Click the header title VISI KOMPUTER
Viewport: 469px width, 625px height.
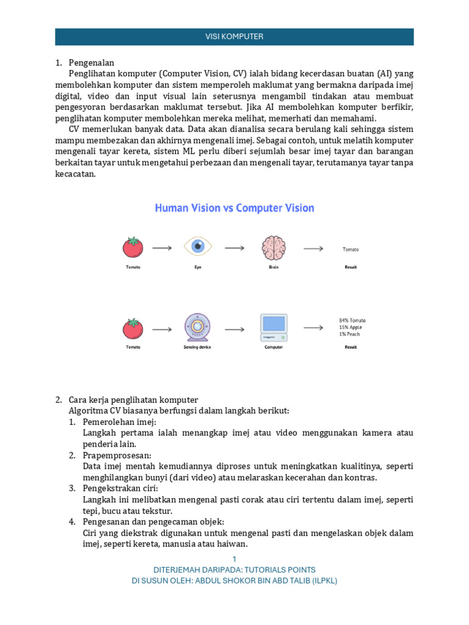(x=234, y=37)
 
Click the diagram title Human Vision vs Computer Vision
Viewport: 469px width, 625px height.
(x=234, y=208)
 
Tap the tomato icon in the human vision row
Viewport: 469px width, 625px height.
(x=133, y=247)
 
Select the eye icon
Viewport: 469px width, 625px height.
(x=198, y=247)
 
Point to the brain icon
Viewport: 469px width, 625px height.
(x=274, y=247)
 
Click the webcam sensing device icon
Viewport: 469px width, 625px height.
(x=197, y=327)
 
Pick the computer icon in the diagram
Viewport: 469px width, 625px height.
(x=274, y=328)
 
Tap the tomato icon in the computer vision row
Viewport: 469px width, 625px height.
(x=133, y=328)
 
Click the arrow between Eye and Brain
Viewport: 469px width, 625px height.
(x=234, y=248)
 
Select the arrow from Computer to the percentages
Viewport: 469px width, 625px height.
(x=313, y=328)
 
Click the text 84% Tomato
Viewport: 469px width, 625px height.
(x=352, y=320)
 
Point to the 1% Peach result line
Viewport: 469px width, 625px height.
(x=350, y=334)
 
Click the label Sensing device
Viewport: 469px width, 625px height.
(x=197, y=347)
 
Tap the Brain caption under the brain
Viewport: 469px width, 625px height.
(x=274, y=267)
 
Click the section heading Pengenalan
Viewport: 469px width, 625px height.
(x=92, y=63)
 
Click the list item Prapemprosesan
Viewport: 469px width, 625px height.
(x=117, y=455)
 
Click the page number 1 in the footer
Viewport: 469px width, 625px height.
(x=234, y=559)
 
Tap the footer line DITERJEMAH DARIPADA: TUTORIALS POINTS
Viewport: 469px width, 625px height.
(x=234, y=569)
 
